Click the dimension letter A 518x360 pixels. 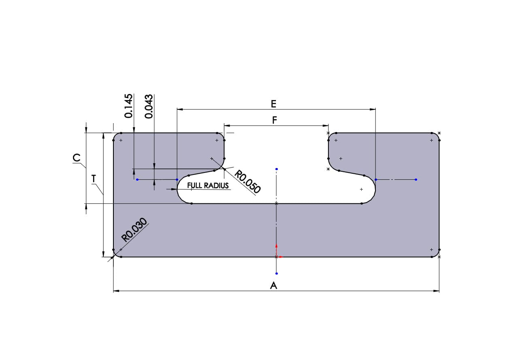[273, 285]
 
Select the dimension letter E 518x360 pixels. [273, 104]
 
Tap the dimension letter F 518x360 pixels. [274, 120]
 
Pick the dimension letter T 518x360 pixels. [94, 178]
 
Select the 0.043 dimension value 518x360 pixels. [149, 106]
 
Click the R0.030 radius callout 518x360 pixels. [135, 230]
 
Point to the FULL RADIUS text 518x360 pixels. [208, 185]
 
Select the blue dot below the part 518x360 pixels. [276, 274]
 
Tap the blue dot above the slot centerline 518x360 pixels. [276, 169]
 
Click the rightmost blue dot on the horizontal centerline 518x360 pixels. [416, 179]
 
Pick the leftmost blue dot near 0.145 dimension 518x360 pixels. [137, 179]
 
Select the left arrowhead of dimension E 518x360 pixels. [180, 109]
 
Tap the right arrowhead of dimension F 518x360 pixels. [326, 126]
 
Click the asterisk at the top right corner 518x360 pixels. [439, 133]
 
